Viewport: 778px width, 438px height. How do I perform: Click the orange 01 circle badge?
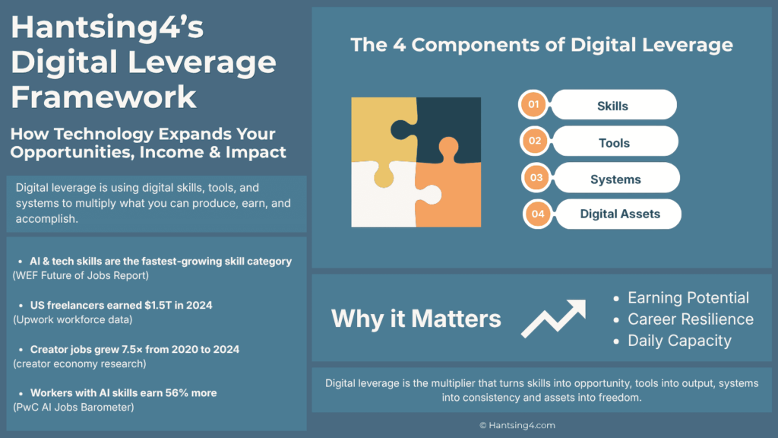[x=533, y=105]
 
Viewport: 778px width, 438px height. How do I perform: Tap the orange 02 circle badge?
[x=535, y=141]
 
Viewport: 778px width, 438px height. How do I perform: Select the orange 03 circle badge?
[x=536, y=178]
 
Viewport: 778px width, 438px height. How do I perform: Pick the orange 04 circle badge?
[x=538, y=214]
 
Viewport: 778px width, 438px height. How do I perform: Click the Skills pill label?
[x=612, y=106]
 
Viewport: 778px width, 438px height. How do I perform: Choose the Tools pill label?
[x=614, y=142]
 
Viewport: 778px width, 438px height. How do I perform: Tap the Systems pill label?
[x=615, y=179]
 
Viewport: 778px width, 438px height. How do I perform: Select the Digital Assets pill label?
[x=619, y=214]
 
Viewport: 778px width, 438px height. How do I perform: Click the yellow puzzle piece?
[x=380, y=126]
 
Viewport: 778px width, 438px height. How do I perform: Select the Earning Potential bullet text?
[x=688, y=298]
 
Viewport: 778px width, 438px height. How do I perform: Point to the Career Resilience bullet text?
[x=691, y=319]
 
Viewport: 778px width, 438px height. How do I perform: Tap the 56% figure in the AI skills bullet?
[x=172, y=393]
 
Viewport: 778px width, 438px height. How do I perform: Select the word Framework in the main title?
[x=104, y=97]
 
